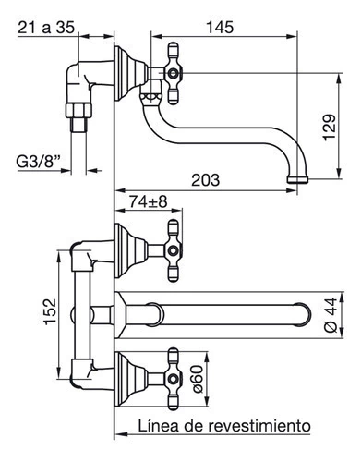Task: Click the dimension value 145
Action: point(220,27)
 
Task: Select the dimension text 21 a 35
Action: point(46,27)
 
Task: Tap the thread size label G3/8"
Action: point(38,162)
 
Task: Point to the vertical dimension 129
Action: point(329,128)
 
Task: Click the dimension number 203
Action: point(206,180)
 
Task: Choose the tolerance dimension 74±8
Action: point(148,201)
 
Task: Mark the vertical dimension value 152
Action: point(50,311)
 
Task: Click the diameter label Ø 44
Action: point(331,315)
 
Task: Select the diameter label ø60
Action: point(199,379)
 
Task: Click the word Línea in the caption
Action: point(158,426)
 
